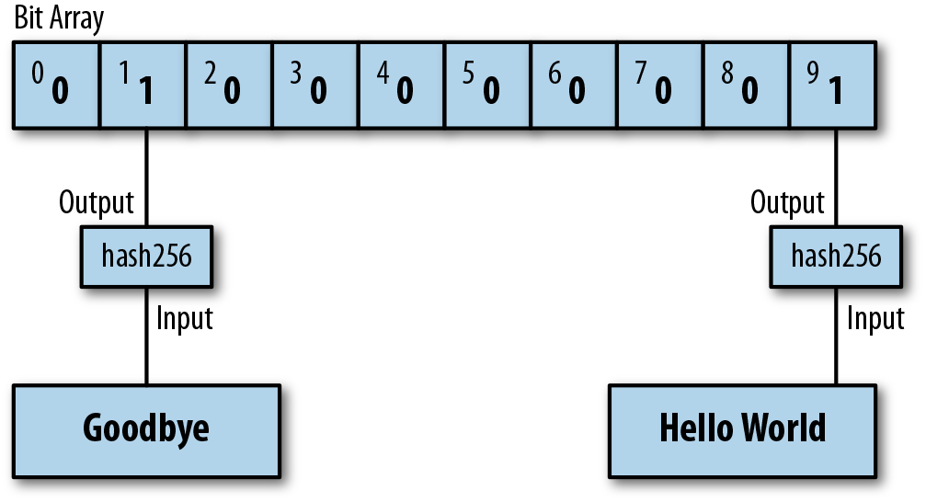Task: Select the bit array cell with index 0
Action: (x=55, y=84)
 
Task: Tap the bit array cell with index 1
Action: (x=142, y=84)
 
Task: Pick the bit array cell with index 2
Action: (x=228, y=84)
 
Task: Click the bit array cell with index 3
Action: (x=314, y=84)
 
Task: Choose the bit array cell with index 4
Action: (x=401, y=84)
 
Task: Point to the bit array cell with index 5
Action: (x=487, y=84)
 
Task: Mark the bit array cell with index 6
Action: (x=574, y=84)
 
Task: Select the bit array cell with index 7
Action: (x=660, y=84)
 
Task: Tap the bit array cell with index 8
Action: (x=746, y=84)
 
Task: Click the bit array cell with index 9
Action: (x=832, y=84)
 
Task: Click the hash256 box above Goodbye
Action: (x=147, y=255)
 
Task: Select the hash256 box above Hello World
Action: (x=836, y=255)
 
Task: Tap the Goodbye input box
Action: (x=146, y=428)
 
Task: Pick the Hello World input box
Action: (x=743, y=428)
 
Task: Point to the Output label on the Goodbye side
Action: (x=97, y=202)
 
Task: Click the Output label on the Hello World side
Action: (x=787, y=202)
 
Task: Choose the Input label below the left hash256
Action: (x=185, y=318)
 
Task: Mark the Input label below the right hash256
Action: (x=875, y=318)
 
